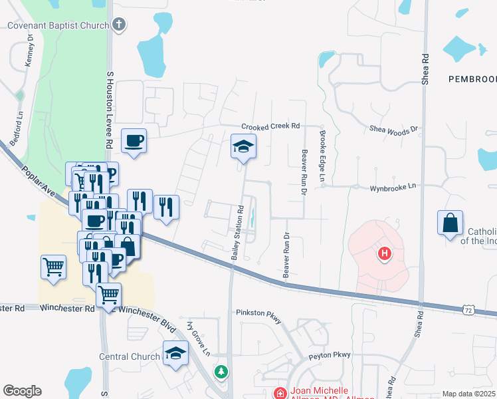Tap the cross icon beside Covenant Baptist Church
[x=119, y=26]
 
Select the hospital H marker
[x=383, y=253]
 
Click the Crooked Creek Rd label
[x=271, y=126]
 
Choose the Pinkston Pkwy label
[x=259, y=312]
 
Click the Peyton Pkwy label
[x=328, y=356]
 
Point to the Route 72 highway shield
[x=469, y=310]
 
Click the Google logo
[x=22, y=391]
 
